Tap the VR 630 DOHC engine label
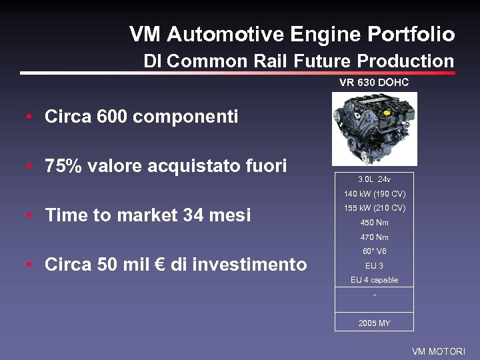tap(374, 83)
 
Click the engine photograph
tap(375, 129)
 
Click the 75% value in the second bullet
tap(59, 166)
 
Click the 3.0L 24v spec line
tap(374, 179)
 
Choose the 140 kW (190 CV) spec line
tap(374, 194)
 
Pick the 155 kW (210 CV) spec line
tap(374, 208)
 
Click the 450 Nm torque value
tap(374, 223)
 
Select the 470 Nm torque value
tap(374, 237)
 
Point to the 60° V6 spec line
tap(374, 251)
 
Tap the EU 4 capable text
tap(374, 280)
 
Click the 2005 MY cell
tap(374, 323)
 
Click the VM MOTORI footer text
tap(438, 351)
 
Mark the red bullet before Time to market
tap(30, 216)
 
